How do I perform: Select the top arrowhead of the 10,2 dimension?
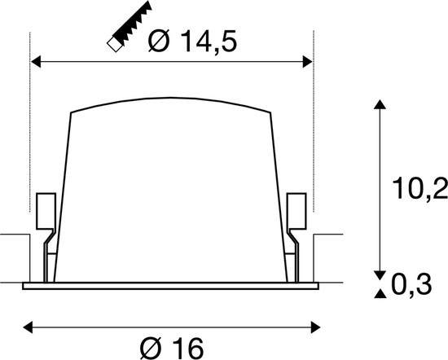(377, 104)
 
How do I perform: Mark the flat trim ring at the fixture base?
(171, 286)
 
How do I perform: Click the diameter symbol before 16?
(150, 348)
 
